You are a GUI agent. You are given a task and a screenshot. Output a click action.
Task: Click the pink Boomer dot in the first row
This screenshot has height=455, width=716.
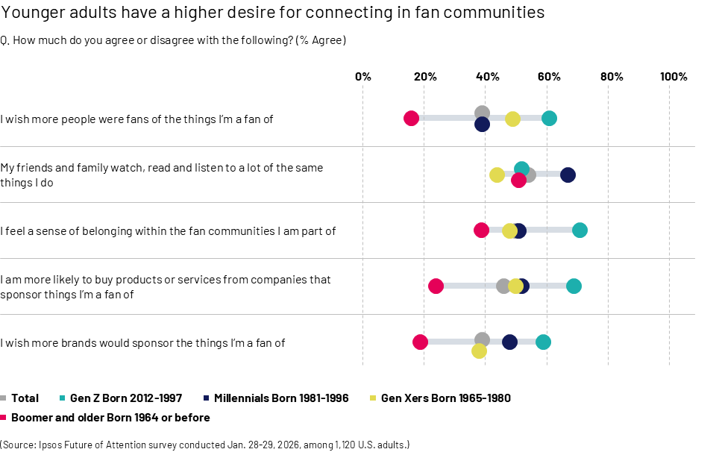tap(411, 118)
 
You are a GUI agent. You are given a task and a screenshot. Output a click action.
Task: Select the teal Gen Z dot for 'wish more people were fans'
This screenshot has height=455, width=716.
tap(549, 118)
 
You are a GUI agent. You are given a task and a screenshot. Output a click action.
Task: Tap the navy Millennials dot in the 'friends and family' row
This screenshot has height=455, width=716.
tap(568, 175)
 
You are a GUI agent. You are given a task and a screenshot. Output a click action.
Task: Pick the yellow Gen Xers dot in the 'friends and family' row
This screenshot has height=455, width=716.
tap(497, 175)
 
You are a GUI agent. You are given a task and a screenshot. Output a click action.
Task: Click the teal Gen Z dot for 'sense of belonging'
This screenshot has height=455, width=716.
tap(580, 230)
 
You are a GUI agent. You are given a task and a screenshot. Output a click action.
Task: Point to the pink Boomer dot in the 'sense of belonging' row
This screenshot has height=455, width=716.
tap(481, 230)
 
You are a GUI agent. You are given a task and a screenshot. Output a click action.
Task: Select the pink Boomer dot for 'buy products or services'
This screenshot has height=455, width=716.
tap(436, 286)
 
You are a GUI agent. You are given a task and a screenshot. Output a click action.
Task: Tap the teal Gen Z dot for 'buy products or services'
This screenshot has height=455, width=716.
tap(574, 286)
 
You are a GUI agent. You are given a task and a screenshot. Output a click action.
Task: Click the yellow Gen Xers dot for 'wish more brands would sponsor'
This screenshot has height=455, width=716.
tap(479, 351)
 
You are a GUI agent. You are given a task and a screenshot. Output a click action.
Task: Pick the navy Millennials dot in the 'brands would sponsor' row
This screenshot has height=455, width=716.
tap(509, 342)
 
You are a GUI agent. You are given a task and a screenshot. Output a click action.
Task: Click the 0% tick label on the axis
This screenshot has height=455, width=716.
tap(362, 77)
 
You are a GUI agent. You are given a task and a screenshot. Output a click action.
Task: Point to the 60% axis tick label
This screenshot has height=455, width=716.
tap(548, 77)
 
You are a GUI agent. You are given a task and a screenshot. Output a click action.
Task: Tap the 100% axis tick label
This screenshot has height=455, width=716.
tap(673, 77)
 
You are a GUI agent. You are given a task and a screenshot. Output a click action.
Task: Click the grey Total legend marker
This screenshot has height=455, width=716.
tap(4, 398)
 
